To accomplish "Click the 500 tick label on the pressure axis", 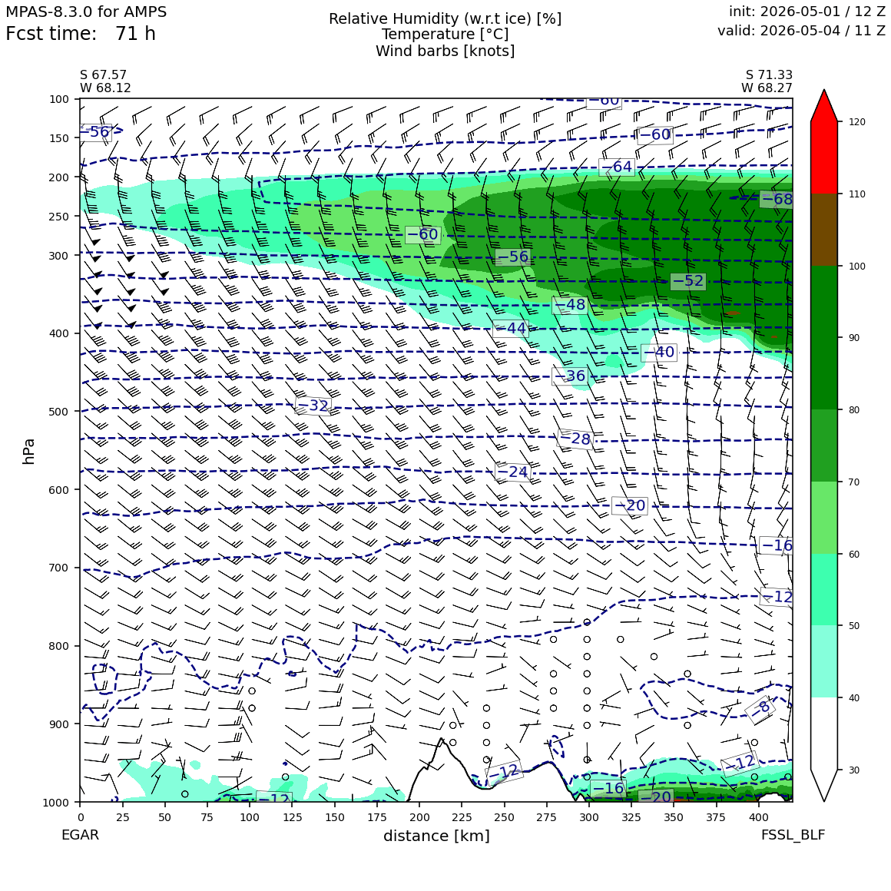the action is click(59, 412).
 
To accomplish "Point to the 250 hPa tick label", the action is click(59, 217).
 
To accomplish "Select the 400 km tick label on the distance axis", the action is click(759, 817).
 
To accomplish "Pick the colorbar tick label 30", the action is click(854, 770).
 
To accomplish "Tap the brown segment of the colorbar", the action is click(824, 230).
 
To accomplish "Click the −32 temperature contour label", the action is click(313, 405).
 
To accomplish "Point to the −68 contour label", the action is click(777, 199).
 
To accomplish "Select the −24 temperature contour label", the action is click(512, 472).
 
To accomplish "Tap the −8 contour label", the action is click(760, 708).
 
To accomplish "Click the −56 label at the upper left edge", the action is click(95, 132).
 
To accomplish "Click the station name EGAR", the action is click(80, 835).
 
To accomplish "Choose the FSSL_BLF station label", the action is click(793, 835).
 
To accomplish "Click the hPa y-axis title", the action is click(28, 452).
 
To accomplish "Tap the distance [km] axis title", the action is click(436, 836).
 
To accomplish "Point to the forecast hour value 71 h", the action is click(135, 34).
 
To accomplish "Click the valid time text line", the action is click(801, 30).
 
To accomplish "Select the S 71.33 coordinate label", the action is click(769, 75).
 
